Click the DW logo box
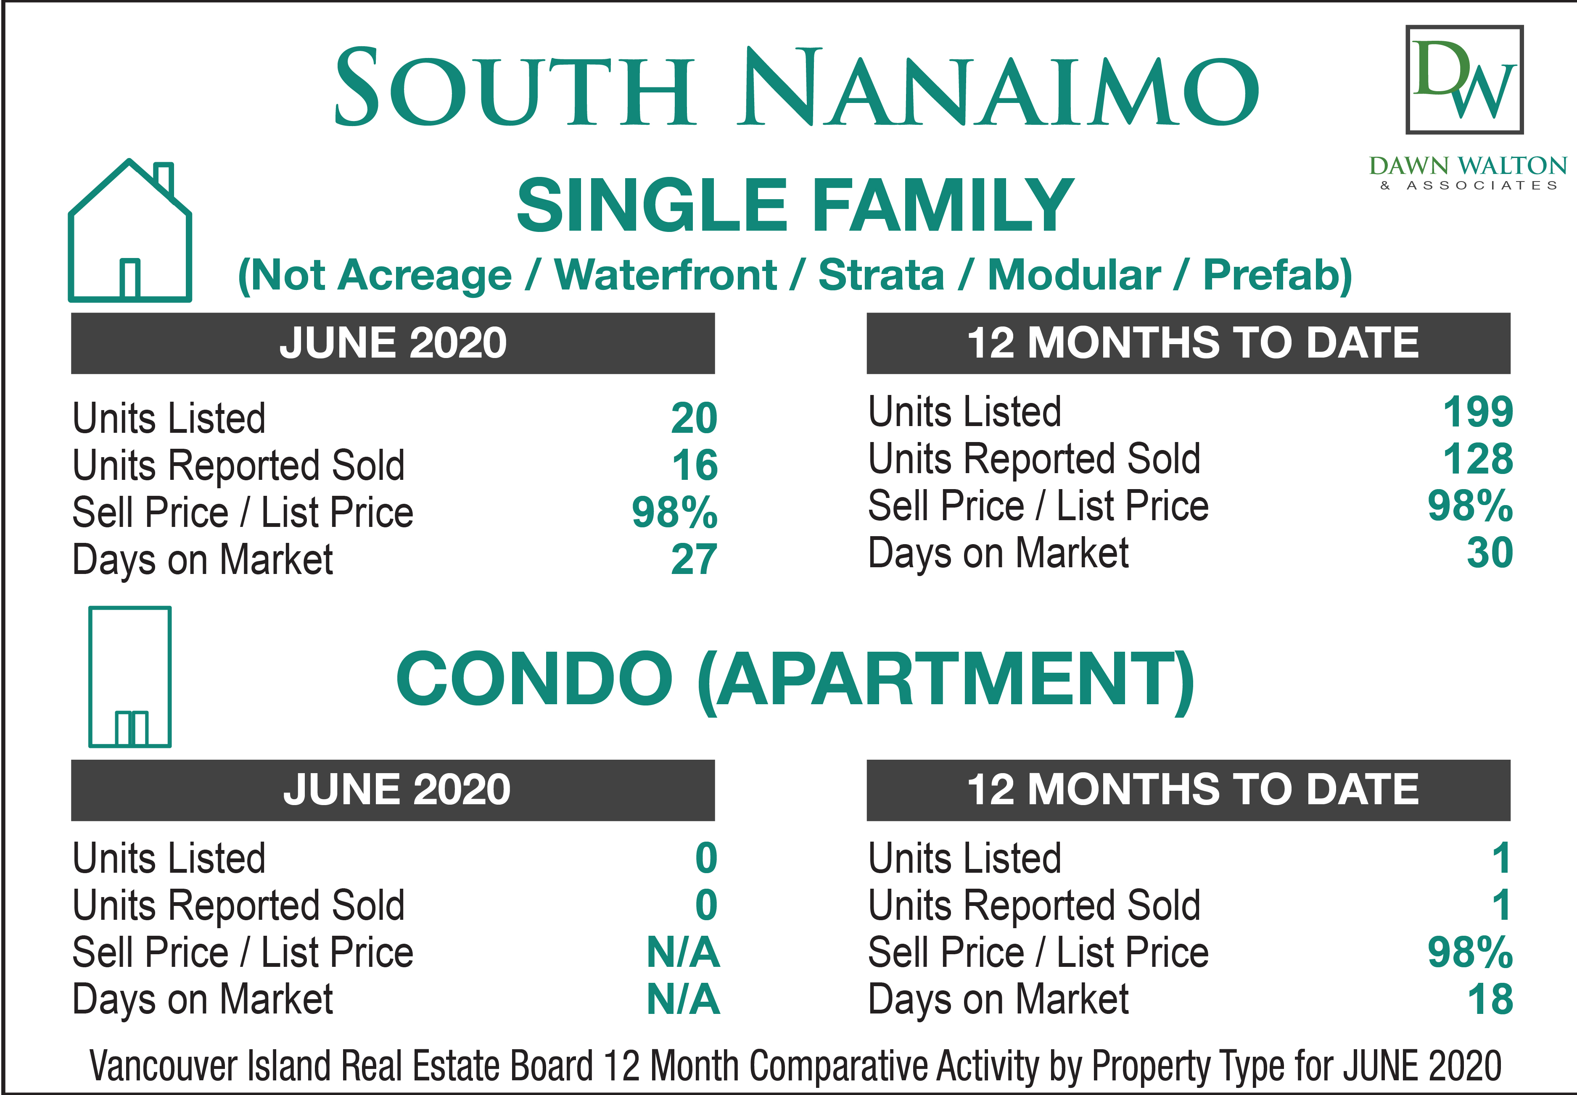[x=1464, y=79]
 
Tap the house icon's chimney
[x=164, y=179]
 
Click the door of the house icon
[x=130, y=279]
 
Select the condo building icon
[x=130, y=676]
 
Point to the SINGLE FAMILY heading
[x=795, y=205]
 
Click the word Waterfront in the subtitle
[x=665, y=275]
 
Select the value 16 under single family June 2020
[x=695, y=465]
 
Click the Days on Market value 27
[x=694, y=559]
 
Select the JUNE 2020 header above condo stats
[x=397, y=789]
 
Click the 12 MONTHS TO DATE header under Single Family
[x=1193, y=342]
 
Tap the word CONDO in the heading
[x=534, y=679]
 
